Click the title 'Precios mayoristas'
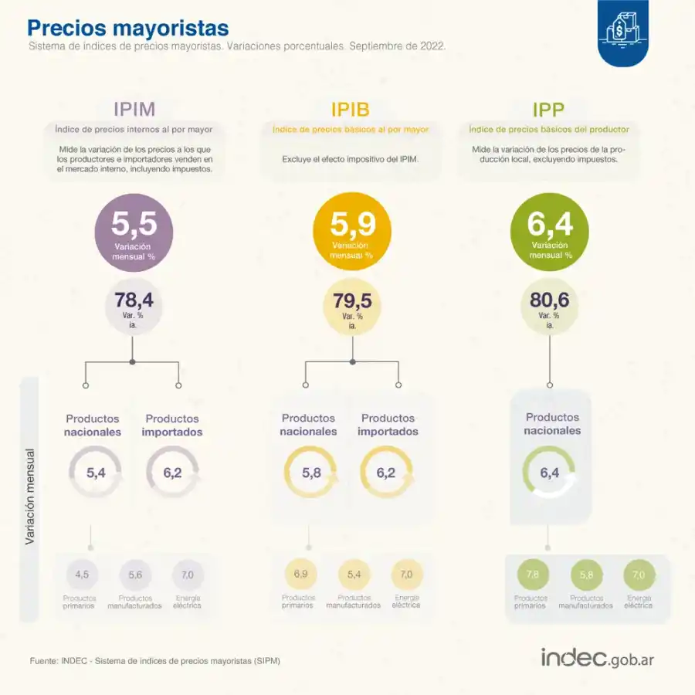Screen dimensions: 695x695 coord(128,28)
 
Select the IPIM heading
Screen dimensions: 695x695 coord(134,109)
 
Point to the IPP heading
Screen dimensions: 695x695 coord(548,109)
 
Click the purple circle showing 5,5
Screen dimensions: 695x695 coord(134,232)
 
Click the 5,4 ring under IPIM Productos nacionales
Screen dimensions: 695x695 coord(95,473)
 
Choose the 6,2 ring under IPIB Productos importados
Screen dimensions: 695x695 coord(386,473)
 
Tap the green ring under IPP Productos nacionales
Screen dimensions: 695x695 coord(549,473)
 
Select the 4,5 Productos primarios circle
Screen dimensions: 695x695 coord(82,575)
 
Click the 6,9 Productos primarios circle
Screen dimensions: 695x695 coord(300,575)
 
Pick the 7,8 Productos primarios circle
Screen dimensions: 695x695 coord(532,575)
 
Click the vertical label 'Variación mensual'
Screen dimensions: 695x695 coord(30,497)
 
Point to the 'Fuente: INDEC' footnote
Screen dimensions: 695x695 coord(154,661)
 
